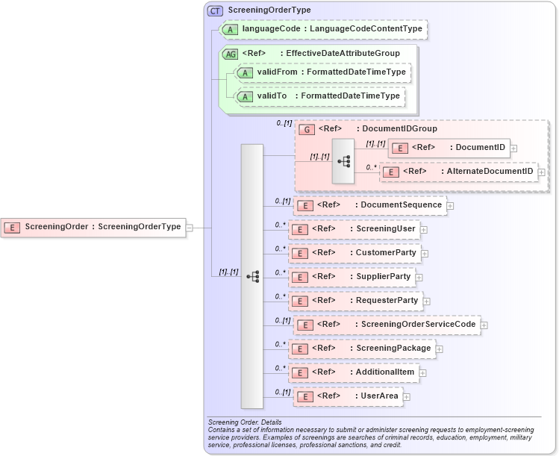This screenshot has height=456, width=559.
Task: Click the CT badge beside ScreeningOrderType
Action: [x=216, y=10]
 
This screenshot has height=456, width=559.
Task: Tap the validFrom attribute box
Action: [x=322, y=72]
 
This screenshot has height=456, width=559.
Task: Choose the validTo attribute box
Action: [x=320, y=96]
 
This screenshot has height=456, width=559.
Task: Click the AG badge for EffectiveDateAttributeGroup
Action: [x=230, y=54]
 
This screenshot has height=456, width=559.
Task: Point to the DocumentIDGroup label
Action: [x=399, y=129]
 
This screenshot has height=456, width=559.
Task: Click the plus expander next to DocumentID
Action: [x=513, y=148]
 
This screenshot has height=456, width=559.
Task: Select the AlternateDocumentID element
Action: [x=458, y=172]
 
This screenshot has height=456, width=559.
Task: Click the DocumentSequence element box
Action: [x=370, y=205]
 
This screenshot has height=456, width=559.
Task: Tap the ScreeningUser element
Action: [x=354, y=229]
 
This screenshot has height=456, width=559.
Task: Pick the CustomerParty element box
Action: [x=354, y=253]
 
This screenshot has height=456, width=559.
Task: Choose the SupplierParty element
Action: [x=351, y=277]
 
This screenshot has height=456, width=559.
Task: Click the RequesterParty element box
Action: [x=355, y=301]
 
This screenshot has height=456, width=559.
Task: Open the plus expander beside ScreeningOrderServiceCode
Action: [x=484, y=325]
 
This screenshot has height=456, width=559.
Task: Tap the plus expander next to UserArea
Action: [x=407, y=396]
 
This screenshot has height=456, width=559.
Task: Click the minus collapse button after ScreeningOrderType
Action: [x=189, y=227]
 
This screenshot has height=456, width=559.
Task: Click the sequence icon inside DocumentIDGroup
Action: [x=343, y=160]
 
